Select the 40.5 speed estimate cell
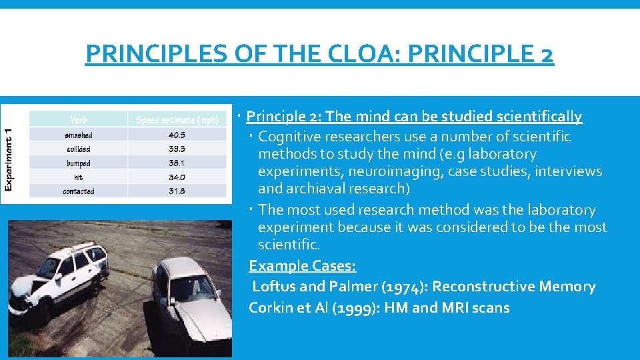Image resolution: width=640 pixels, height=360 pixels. (x=177, y=135)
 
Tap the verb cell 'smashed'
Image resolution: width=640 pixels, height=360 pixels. (x=79, y=135)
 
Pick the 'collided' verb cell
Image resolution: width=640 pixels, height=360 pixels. (x=79, y=149)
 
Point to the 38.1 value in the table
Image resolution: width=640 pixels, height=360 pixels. (x=177, y=163)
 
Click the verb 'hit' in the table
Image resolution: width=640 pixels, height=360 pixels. (x=79, y=177)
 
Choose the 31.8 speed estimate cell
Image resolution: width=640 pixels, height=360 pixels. (x=177, y=191)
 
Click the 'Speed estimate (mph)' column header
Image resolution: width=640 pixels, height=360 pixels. (x=177, y=120)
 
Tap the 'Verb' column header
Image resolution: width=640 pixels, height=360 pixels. (x=79, y=120)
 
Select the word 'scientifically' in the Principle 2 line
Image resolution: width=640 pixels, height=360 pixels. (x=539, y=117)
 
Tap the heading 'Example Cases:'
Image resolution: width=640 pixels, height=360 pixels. (x=303, y=265)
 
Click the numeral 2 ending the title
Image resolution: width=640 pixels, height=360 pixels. (x=547, y=54)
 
